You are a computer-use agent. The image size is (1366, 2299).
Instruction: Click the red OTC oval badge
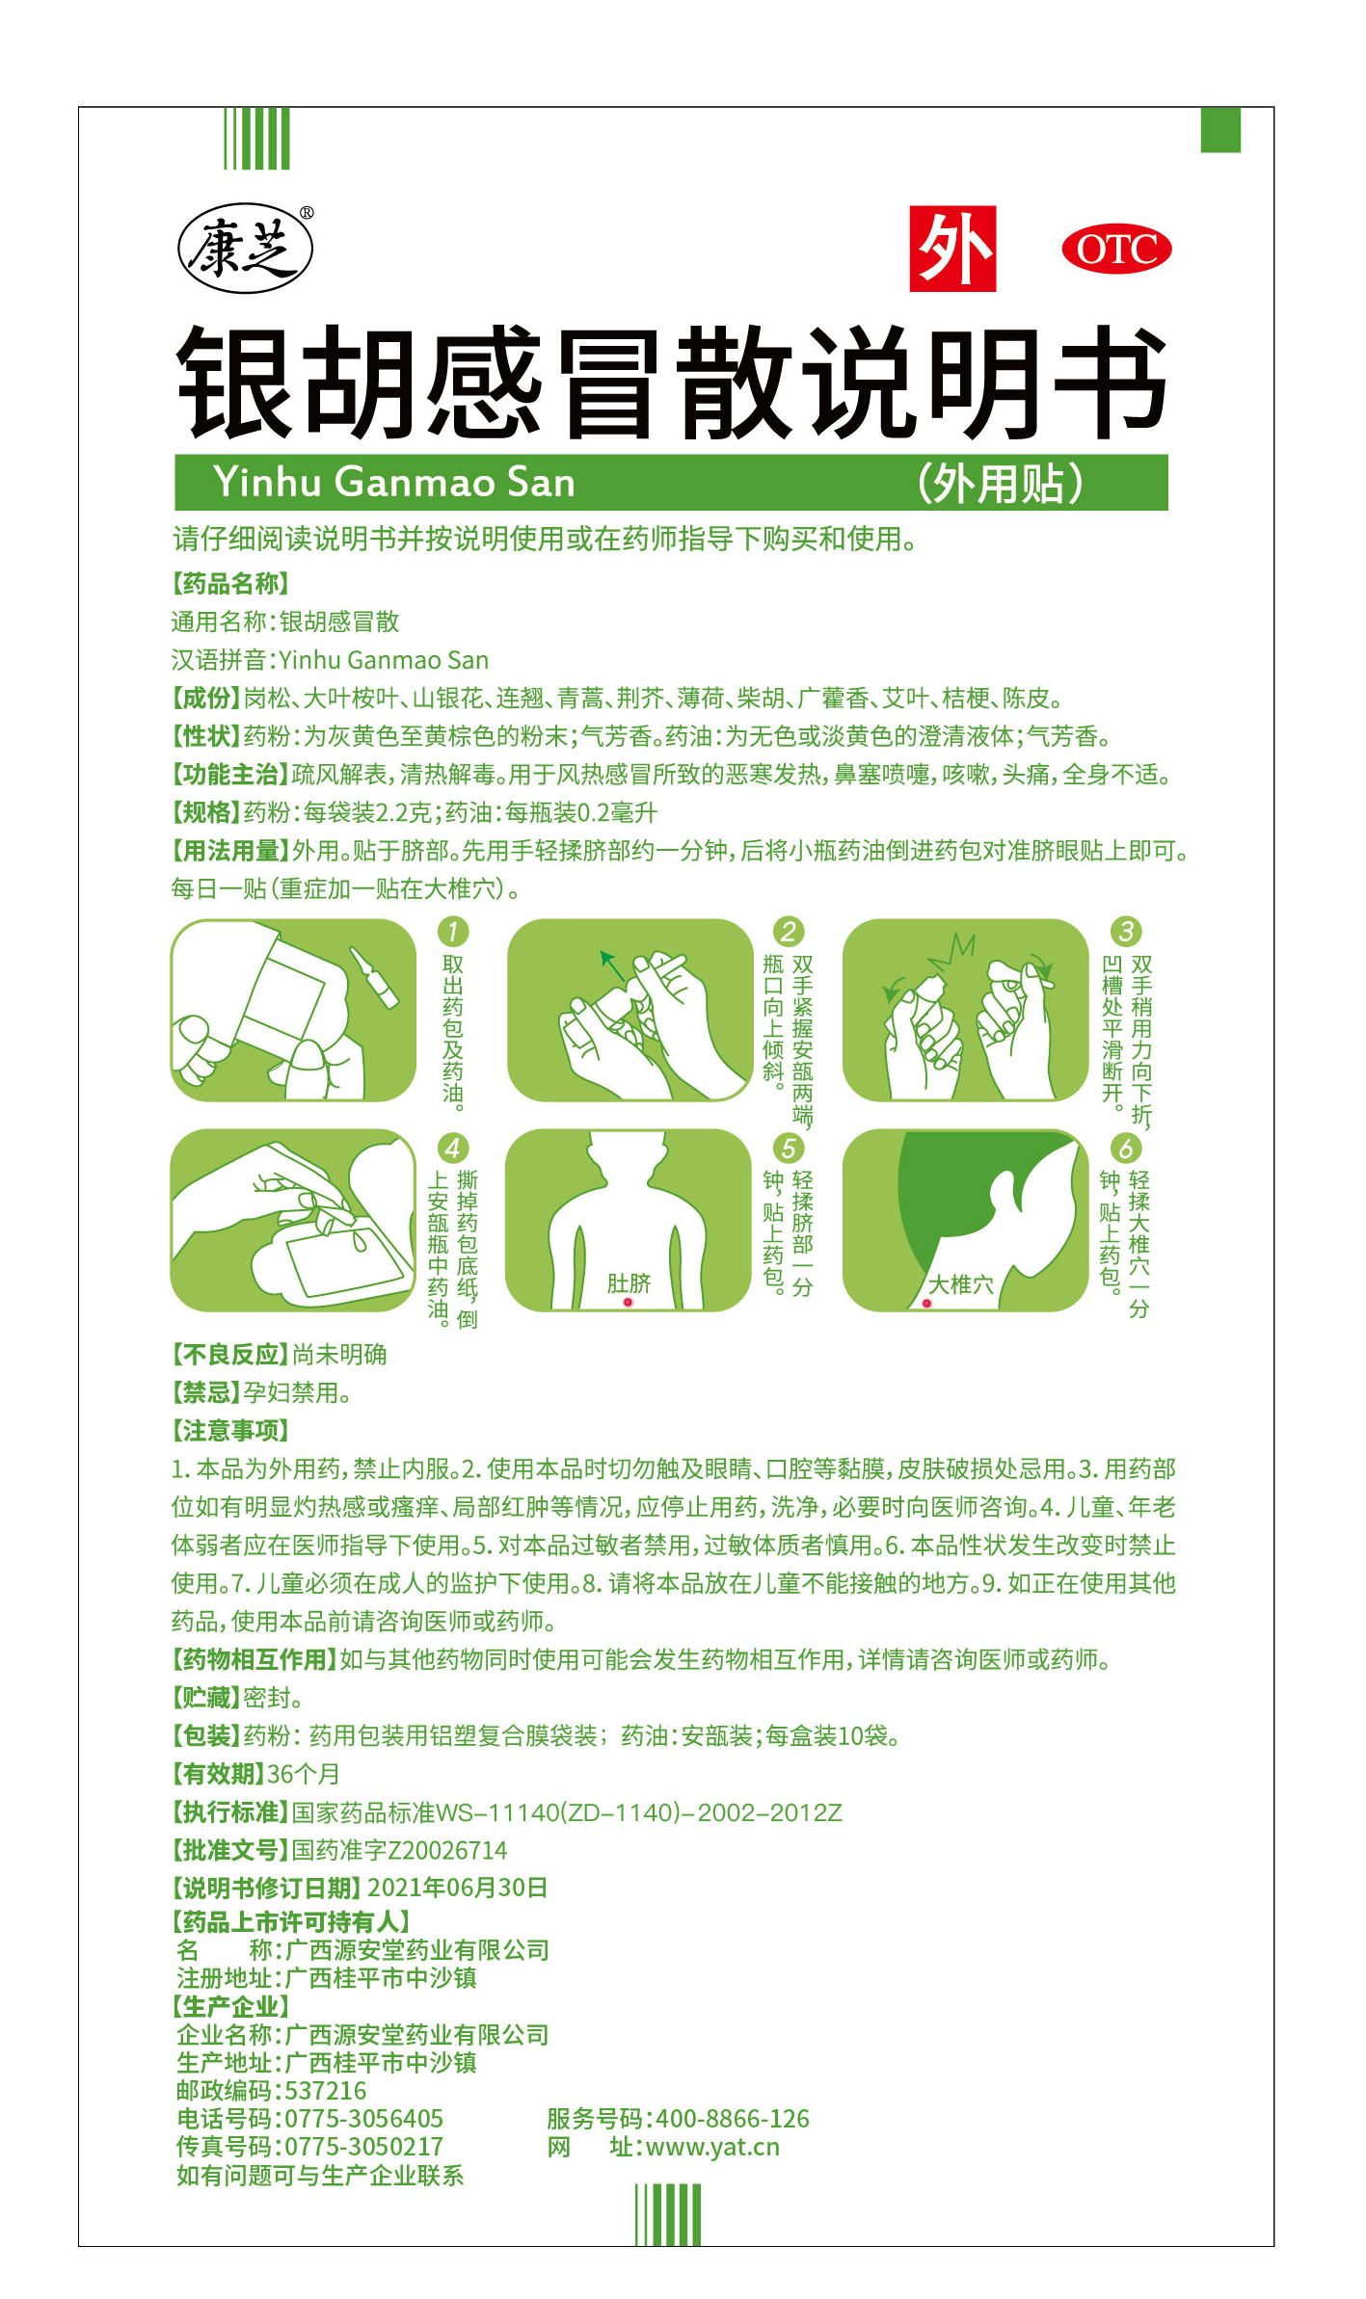tap(1116, 250)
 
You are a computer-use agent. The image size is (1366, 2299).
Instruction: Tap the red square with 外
tap(952, 249)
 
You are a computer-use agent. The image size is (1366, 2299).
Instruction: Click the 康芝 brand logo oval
tap(245, 249)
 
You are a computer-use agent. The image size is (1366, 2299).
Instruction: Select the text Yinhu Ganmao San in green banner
tap(394, 482)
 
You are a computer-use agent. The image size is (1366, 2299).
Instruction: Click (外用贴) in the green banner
tap(1001, 483)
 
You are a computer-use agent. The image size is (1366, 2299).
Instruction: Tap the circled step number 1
tap(452, 931)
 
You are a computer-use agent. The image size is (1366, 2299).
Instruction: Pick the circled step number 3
tap(1126, 931)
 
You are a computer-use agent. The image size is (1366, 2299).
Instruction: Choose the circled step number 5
tap(789, 1148)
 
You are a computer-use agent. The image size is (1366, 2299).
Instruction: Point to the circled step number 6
tap(1126, 1148)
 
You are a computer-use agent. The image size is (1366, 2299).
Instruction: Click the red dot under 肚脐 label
tap(628, 1302)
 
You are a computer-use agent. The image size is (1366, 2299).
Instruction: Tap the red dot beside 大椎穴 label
tap(927, 1303)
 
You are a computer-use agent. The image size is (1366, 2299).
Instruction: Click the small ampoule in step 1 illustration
tap(374, 977)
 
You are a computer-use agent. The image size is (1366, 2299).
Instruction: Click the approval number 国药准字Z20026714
tap(399, 1850)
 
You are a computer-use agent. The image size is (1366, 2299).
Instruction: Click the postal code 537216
tap(326, 2091)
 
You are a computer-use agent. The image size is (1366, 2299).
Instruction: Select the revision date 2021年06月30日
tap(458, 1888)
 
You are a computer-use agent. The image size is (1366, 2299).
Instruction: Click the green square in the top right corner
tap(1220, 130)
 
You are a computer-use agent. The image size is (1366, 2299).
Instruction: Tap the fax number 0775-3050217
tap(364, 2147)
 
